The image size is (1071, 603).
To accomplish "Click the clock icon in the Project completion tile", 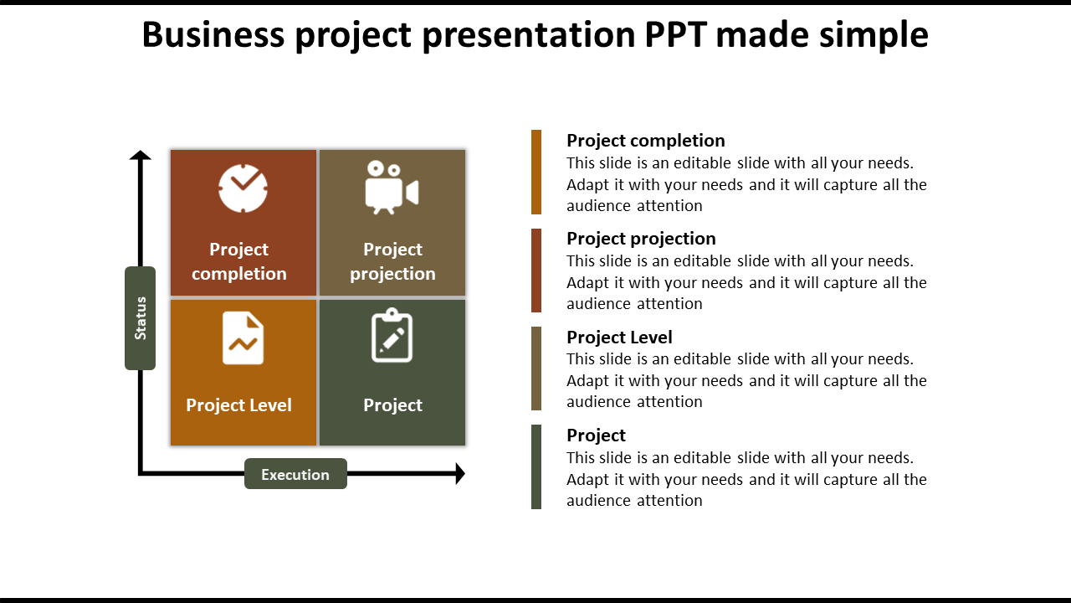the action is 243,188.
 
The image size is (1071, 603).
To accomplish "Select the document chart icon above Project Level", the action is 243,338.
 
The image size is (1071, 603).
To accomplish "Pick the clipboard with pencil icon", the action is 392,335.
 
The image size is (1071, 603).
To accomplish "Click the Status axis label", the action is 140,318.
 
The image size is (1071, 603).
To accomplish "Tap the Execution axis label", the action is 295,474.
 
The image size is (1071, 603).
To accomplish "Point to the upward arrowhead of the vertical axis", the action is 140,155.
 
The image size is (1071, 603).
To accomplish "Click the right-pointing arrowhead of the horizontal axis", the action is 460,474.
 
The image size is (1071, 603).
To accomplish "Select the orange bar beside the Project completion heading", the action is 536,172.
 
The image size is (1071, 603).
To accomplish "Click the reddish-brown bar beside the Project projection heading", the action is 536,271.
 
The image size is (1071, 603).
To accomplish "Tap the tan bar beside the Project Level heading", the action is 536,368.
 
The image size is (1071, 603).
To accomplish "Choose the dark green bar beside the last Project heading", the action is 536,466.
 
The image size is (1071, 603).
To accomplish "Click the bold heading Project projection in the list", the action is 641,239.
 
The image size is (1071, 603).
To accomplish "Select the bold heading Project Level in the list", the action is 619,338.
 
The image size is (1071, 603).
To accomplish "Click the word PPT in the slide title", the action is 675,34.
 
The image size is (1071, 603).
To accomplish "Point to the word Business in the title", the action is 213,34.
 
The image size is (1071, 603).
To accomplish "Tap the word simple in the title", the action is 874,35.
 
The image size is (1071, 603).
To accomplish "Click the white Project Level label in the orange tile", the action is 238,405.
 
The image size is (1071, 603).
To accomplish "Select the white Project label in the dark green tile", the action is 392,405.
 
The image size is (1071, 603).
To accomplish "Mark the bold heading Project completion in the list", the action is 646,141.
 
